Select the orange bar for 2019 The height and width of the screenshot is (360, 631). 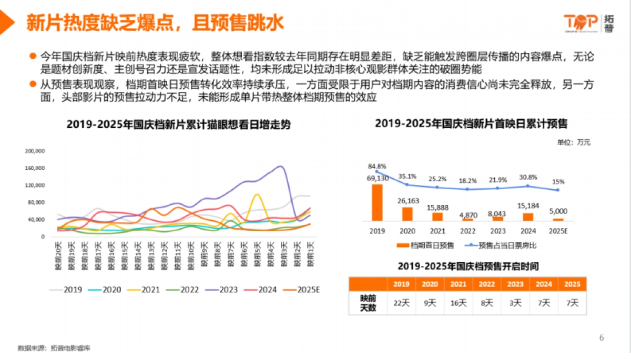click(377, 202)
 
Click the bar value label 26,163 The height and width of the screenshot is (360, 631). click(408, 201)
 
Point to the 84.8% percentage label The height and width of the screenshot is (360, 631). click(377, 167)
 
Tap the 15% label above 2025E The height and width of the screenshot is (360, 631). click(558, 182)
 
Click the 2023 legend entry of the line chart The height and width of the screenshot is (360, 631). click(219, 289)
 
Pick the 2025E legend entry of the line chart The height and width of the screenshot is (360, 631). click(300, 289)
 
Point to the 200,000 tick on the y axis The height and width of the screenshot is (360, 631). click(35, 151)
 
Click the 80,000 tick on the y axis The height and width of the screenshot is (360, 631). click(36, 202)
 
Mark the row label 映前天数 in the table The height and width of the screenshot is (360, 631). click(368, 303)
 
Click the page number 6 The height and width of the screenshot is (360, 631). click(602, 337)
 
